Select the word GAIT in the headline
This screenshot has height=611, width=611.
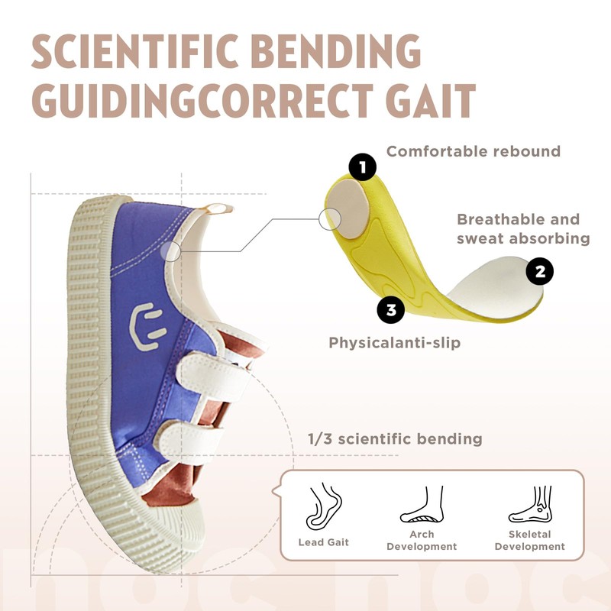tap(431, 101)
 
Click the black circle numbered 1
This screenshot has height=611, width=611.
tap(362, 167)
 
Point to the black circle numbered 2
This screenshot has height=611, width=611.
tap(540, 271)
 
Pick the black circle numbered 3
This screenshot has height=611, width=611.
tap(391, 310)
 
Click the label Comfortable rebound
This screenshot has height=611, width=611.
tap(474, 151)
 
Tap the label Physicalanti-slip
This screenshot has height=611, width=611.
tap(394, 343)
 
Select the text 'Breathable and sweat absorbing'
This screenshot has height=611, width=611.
tap(523, 228)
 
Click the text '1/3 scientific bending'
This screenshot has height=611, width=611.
tap(395, 439)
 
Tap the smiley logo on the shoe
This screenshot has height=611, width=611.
tap(147, 326)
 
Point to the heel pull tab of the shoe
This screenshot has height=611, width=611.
tap(218, 209)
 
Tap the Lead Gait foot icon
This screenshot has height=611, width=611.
tap(323, 506)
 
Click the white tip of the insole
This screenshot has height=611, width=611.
tap(498, 284)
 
